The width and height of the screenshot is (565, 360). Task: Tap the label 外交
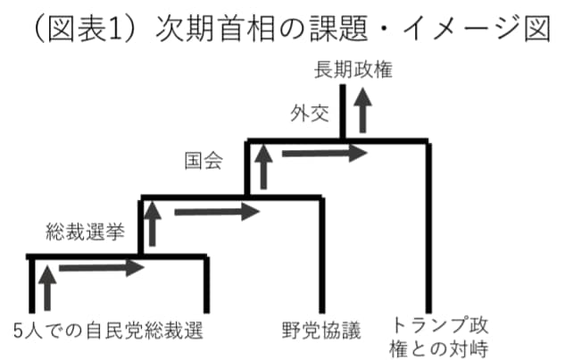tap(305, 113)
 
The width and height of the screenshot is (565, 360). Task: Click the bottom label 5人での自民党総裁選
tap(104, 330)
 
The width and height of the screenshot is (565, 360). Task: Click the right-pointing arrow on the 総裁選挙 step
tap(100, 266)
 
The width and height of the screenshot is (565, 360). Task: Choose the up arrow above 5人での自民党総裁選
tap(47, 286)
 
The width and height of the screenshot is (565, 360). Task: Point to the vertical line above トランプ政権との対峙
tap(429, 223)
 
